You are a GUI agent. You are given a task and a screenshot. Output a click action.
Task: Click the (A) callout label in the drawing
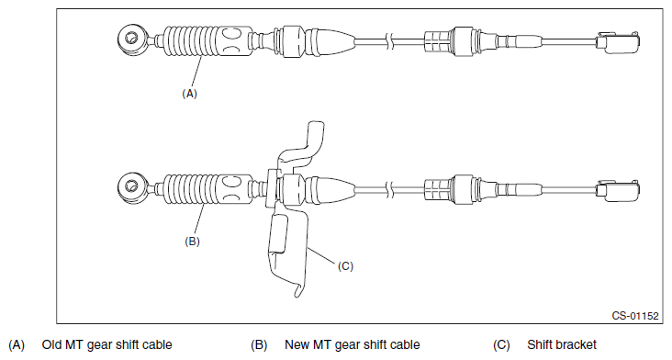[x=189, y=94]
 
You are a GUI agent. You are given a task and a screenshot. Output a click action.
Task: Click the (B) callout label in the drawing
[x=192, y=242]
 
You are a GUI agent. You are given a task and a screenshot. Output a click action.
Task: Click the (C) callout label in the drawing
[x=345, y=266]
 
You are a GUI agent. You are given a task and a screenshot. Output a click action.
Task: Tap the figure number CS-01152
[x=634, y=316]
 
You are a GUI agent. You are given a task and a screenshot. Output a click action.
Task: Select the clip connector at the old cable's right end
[x=618, y=42]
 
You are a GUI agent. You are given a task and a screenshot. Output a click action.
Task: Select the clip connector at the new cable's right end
[x=618, y=190]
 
